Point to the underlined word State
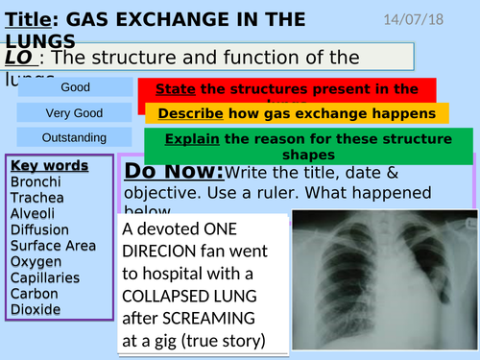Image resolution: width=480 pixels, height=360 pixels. coord(175,89)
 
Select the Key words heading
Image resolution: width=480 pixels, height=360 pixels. coord(49,165)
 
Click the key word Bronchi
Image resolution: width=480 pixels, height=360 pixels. coord(36,181)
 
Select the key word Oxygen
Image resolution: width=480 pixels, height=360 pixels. coord(36,261)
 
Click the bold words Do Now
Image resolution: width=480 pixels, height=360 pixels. coord(174,173)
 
